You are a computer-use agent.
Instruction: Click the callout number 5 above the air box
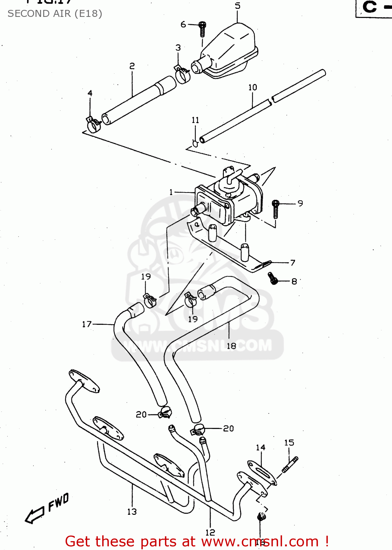(238, 6)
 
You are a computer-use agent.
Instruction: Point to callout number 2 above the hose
(132, 66)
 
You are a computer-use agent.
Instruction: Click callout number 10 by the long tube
(253, 87)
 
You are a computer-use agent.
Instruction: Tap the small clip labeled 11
(195, 143)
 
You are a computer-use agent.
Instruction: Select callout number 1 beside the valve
(171, 192)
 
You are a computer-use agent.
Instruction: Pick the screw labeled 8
(272, 278)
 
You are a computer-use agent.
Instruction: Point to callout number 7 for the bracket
(293, 263)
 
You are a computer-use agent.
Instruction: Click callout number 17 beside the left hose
(87, 324)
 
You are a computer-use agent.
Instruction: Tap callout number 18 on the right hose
(231, 346)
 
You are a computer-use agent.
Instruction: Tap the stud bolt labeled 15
(290, 464)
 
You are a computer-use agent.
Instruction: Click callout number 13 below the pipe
(132, 511)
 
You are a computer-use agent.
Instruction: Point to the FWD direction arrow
(46, 510)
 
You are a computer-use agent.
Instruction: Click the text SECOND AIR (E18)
(55, 14)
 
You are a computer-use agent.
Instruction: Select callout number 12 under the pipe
(210, 532)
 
